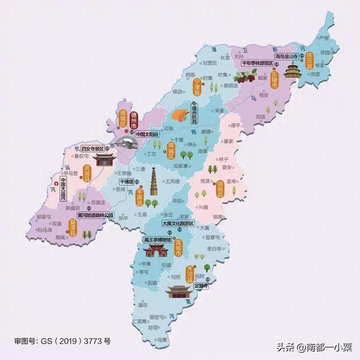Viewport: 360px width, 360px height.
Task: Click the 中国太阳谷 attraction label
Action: coord(148,135)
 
